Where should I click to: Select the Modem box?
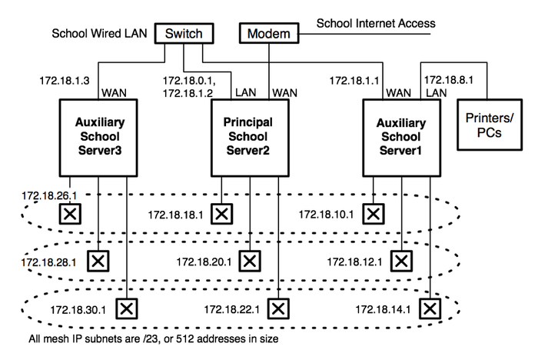267,34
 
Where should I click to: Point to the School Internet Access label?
376,23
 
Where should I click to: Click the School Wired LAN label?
98,34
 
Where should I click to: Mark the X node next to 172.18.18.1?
222,213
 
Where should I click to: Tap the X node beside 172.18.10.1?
374,213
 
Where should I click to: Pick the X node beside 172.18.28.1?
98,261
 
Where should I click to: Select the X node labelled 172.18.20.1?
250,261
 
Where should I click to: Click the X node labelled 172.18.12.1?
400,261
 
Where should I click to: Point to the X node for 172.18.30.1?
125,308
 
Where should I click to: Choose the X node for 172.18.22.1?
277,308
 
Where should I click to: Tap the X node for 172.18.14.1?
430,308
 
